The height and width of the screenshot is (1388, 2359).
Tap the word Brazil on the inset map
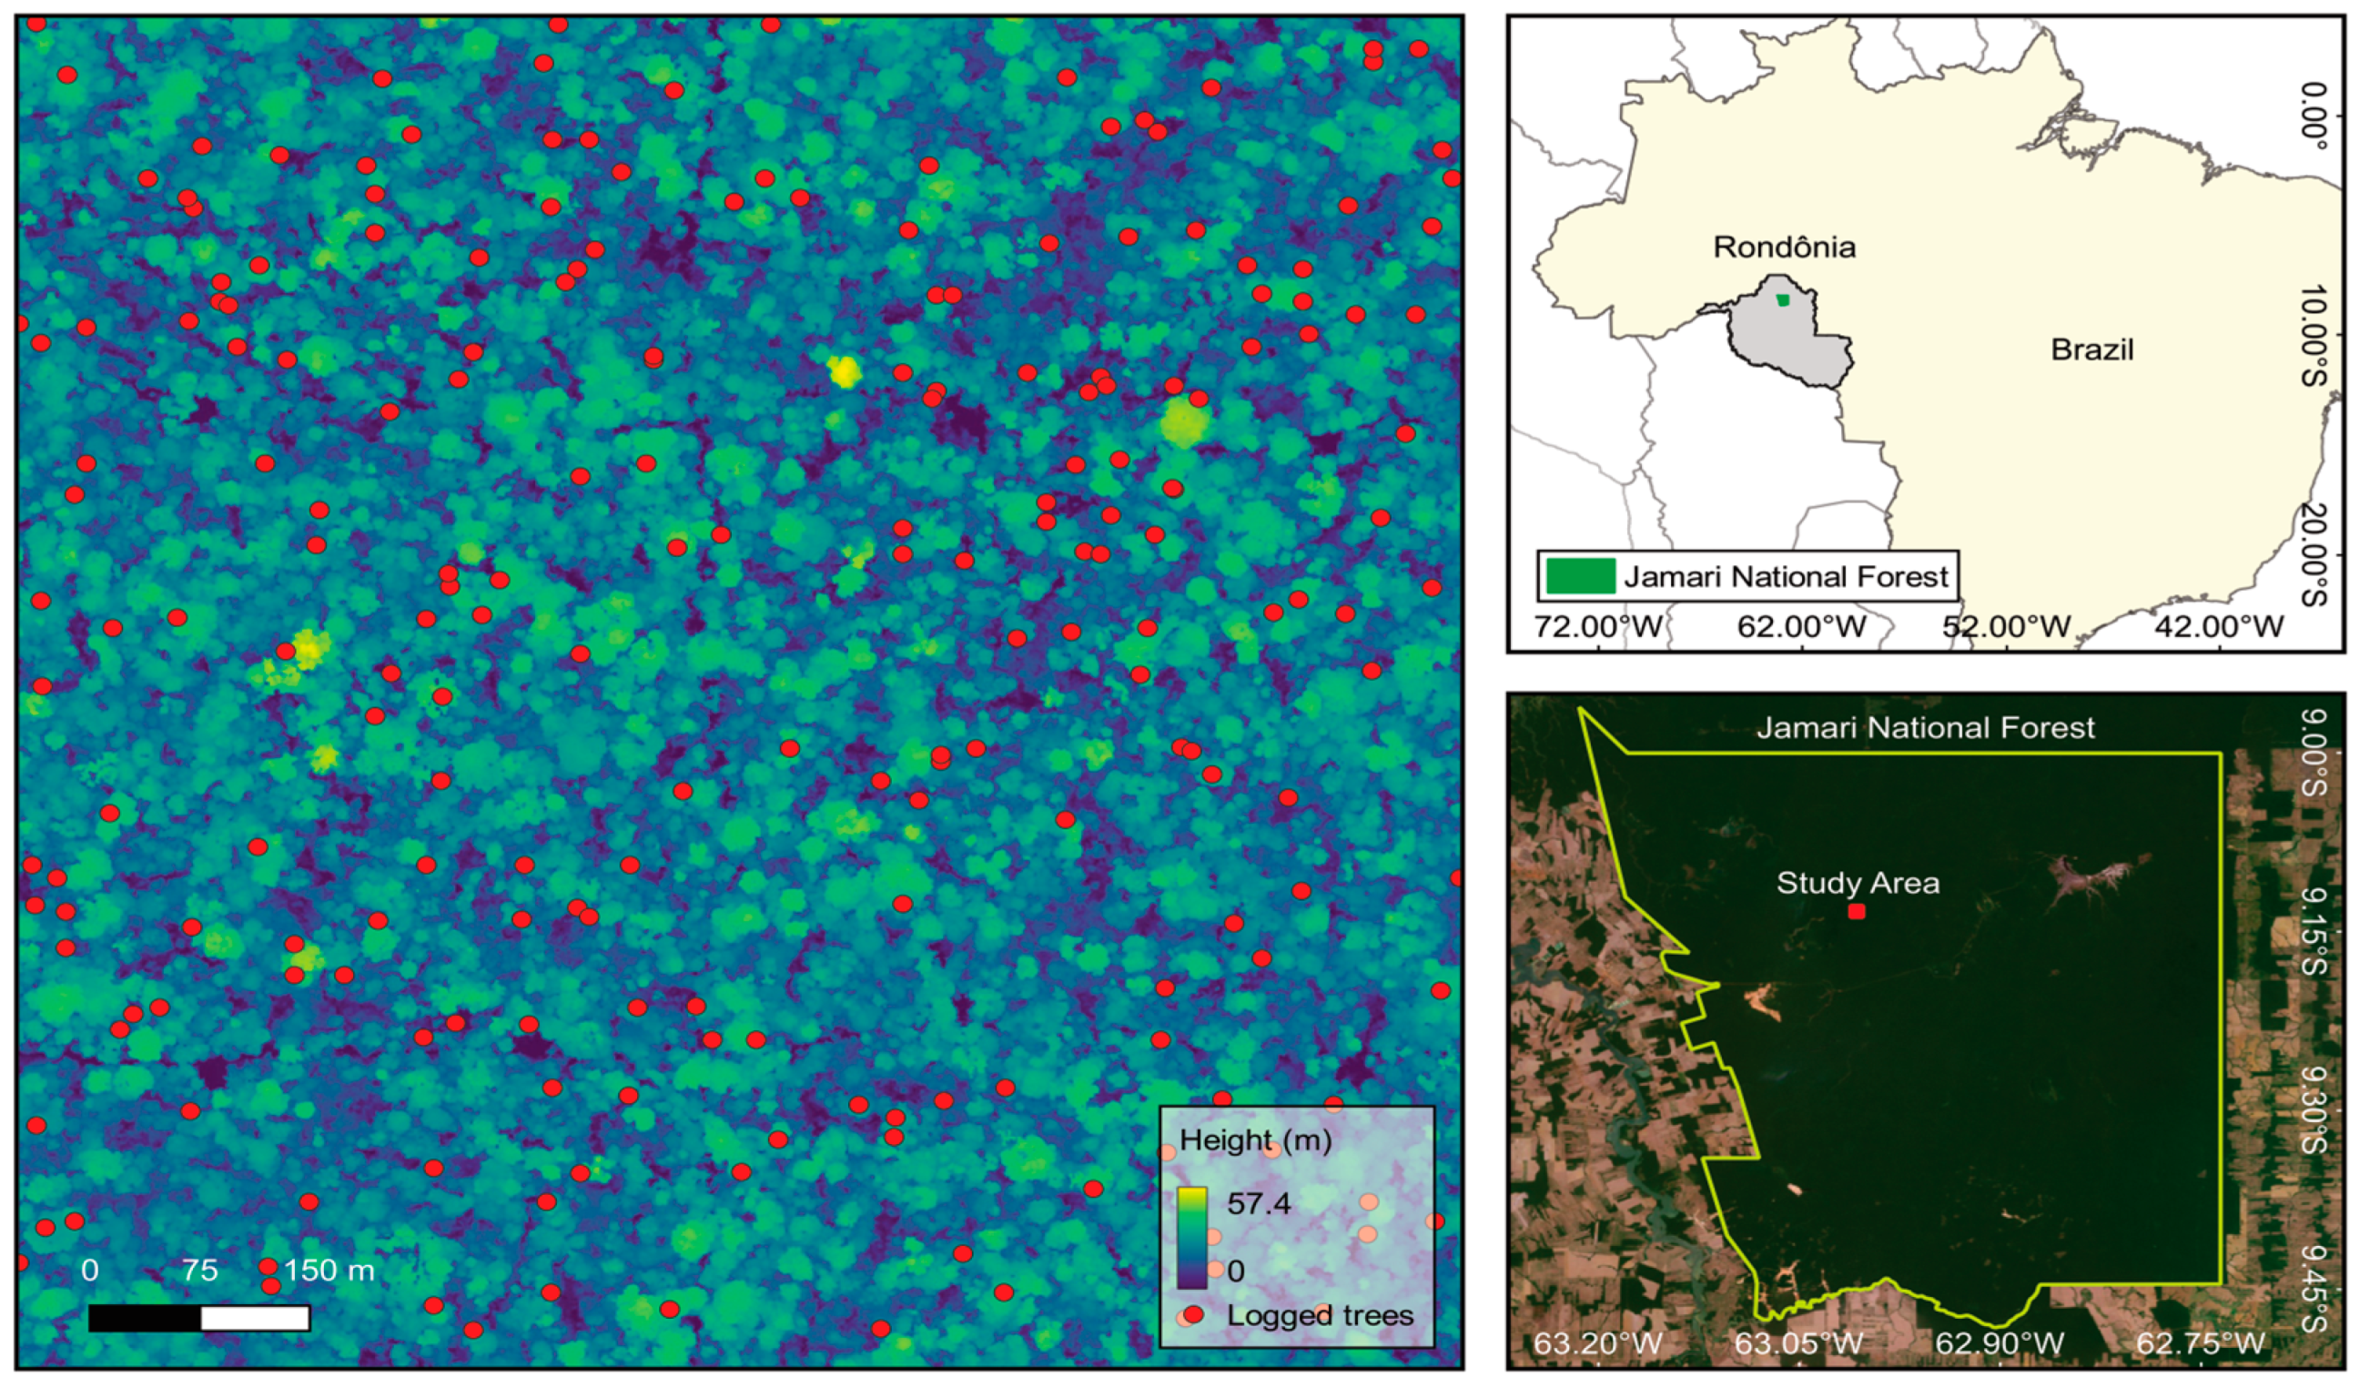[x=2091, y=350]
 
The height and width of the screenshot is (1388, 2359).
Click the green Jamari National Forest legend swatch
[x=1580, y=575]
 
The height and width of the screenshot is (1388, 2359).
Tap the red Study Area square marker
[x=1857, y=912]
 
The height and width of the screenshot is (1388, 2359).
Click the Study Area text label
[x=1858, y=883]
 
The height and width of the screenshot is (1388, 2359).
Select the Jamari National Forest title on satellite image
[x=1925, y=727]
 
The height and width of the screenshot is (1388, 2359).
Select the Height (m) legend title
[x=1255, y=1140]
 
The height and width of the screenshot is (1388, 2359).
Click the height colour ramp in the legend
[x=1191, y=1235]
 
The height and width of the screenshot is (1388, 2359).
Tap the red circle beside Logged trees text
[x=1192, y=1315]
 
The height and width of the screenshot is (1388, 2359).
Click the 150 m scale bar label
[x=329, y=1270]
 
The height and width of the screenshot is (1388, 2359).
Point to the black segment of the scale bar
[x=145, y=1318]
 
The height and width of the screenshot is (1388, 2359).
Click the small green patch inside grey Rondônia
[x=1782, y=300]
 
